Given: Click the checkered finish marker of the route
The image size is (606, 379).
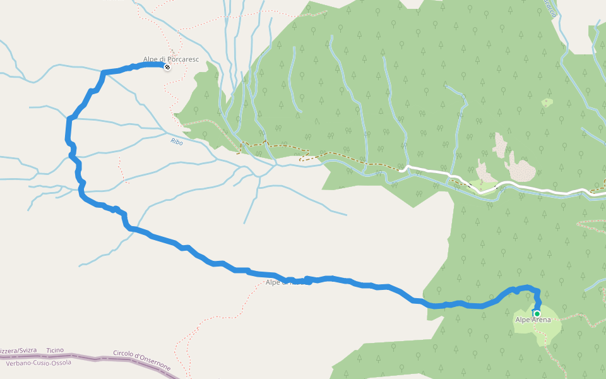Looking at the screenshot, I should tap(167, 67).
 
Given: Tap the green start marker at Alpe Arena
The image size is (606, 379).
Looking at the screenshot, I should tap(537, 313).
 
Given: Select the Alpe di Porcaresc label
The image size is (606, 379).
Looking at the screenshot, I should tap(170, 59).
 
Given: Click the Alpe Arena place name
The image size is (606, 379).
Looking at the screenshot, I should tap(533, 320).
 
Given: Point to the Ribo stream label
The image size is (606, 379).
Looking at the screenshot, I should tap(177, 142).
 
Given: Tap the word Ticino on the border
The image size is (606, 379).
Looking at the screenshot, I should tap(55, 350).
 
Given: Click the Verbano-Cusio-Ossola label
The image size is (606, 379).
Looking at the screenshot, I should tap(38, 363).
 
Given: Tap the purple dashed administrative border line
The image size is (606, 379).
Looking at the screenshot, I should tap(95, 358).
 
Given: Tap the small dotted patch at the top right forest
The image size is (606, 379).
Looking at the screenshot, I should tap(547, 102).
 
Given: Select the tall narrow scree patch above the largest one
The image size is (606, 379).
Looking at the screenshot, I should tap(500, 145).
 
